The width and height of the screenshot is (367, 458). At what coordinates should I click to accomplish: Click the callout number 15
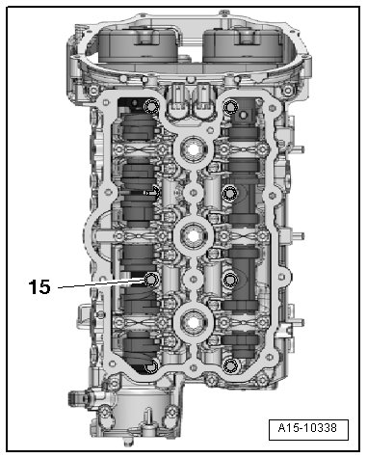point(39,286)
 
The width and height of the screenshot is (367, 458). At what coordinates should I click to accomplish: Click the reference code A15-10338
point(307,428)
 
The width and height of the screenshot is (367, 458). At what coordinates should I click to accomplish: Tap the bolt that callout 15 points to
point(150,280)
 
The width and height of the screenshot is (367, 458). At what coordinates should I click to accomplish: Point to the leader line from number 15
point(100,283)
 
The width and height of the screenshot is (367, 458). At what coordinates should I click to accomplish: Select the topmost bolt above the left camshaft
point(151,106)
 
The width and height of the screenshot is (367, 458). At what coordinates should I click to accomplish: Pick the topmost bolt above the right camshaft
point(231,107)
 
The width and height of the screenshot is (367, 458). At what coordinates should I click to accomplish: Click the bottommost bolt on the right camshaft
point(230,366)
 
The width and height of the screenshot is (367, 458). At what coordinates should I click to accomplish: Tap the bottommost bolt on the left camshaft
point(151,367)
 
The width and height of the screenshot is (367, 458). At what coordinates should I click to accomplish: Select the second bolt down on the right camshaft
point(230,194)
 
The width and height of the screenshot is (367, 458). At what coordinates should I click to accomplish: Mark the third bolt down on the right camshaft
point(230,281)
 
